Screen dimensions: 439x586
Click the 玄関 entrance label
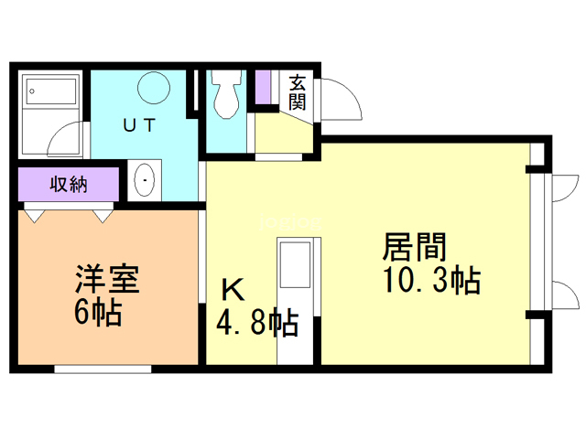click(x=298, y=91)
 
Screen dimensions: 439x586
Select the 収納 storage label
click(x=68, y=184)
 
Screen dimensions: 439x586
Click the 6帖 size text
click(x=98, y=313)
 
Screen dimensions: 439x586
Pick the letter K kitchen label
click(x=233, y=290)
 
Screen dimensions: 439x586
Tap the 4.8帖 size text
click(x=257, y=322)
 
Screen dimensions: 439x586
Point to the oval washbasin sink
click(x=144, y=181)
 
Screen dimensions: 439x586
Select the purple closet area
click(x=68, y=185)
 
